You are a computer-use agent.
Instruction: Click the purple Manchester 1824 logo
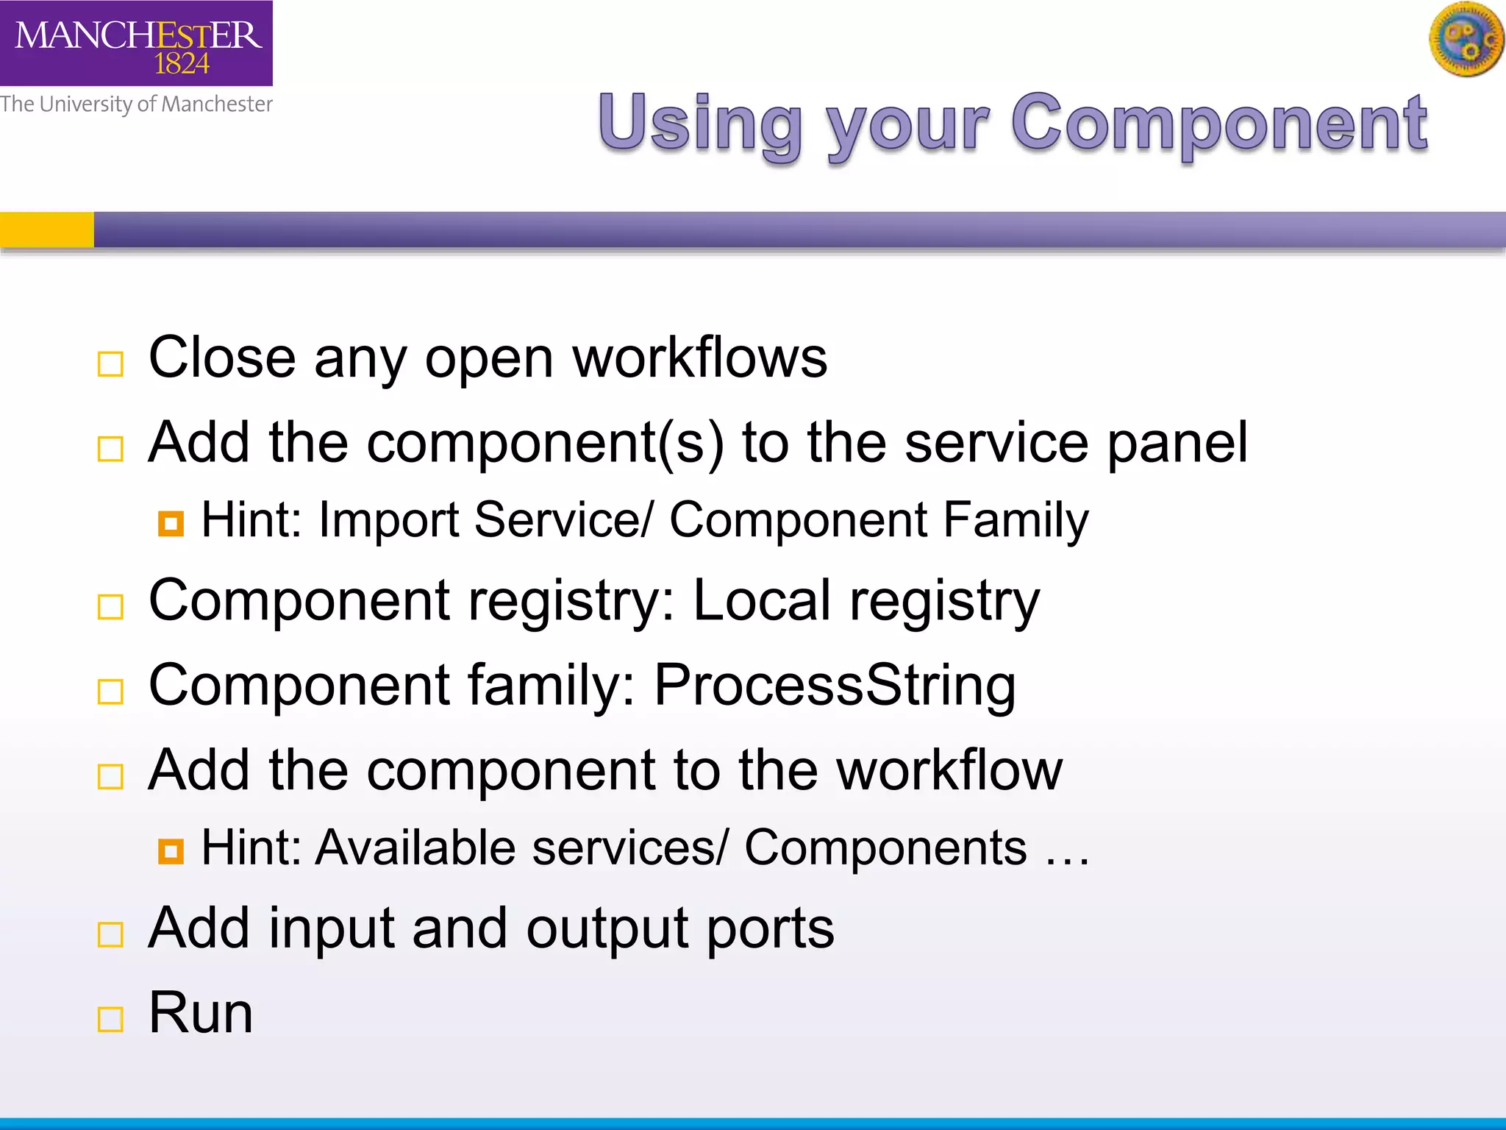click(x=136, y=43)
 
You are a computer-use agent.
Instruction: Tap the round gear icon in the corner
click(x=1466, y=40)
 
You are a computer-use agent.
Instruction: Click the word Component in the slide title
click(x=1218, y=124)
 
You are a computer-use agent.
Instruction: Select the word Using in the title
click(x=699, y=124)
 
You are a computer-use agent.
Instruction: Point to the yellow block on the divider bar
click(x=46, y=230)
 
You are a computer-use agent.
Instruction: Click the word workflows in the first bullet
click(x=699, y=358)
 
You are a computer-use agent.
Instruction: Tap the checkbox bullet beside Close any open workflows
click(x=110, y=364)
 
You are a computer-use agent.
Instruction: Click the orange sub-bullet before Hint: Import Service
click(x=171, y=524)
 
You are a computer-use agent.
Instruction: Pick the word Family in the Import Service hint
click(x=1015, y=521)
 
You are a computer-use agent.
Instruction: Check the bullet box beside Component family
click(x=110, y=692)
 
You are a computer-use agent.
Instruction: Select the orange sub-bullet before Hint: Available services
click(x=171, y=852)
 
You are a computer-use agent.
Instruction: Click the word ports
click(x=770, y=929)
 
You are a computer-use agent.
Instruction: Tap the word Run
click(x=200, y=1013)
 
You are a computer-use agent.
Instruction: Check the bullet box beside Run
click(x=110, y=1020)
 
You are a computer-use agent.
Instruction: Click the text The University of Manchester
click(x=136, y=104)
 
